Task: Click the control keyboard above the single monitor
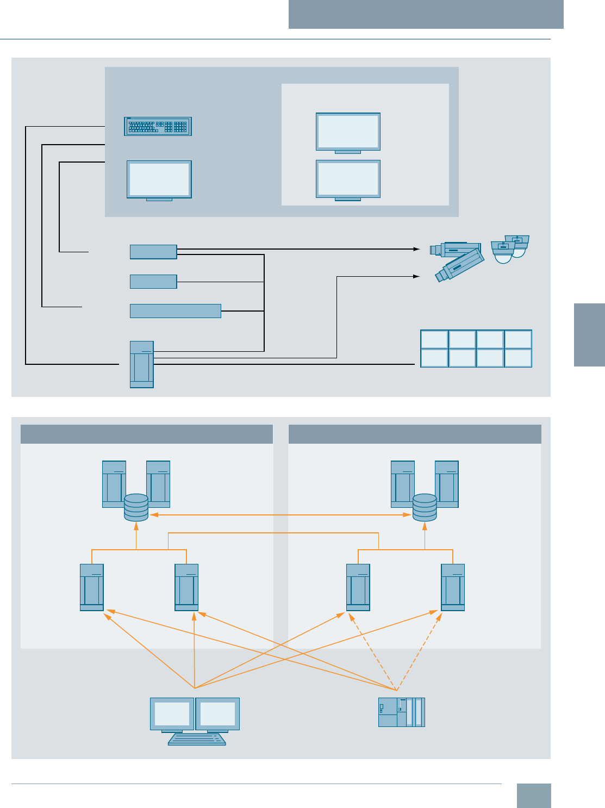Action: [158, 126]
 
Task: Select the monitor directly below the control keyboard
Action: [159, 179]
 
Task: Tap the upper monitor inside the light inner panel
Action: [348, 132]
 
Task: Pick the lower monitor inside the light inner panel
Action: [348, 179]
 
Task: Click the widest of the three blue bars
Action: [175, 311]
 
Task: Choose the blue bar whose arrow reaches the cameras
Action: [153, 252]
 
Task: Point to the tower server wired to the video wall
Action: [142, 364]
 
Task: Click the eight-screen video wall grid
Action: [476, 349]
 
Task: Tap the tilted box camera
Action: [460, 265]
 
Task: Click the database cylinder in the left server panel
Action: [136, 507]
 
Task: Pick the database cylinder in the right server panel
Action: [425, 507]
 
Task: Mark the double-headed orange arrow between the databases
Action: [280, 514]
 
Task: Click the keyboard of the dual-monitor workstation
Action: [197, 739]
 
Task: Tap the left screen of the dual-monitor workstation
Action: [172, 714]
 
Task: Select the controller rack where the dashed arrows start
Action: [401, 712]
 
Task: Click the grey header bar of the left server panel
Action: [147, 434]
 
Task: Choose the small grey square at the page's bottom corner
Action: [533, 795]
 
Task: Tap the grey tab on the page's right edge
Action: [589, 335]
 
